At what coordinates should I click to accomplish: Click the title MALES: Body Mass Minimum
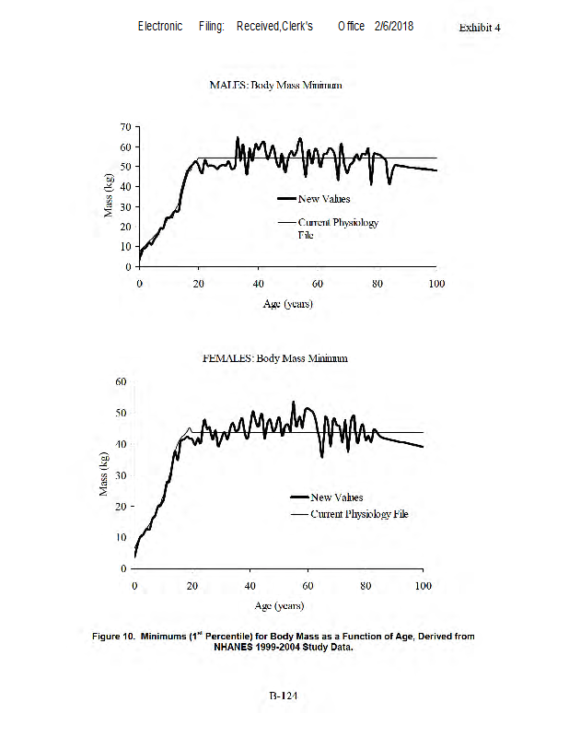(275, 85)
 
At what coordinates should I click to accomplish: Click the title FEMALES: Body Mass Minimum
(274, 358)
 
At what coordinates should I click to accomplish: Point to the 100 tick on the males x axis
(436, 283)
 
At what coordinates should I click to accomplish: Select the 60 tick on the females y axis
(121, 380)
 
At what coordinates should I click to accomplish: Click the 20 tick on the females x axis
(192, 586)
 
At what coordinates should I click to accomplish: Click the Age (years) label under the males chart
(287, 304)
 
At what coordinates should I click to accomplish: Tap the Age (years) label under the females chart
(279, 605)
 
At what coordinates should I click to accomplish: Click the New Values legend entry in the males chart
(323, 198)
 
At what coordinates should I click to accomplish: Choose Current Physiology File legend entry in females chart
(358, 514)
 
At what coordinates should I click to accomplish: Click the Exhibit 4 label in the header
(480, 28)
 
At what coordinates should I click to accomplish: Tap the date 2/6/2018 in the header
(394, 26)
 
